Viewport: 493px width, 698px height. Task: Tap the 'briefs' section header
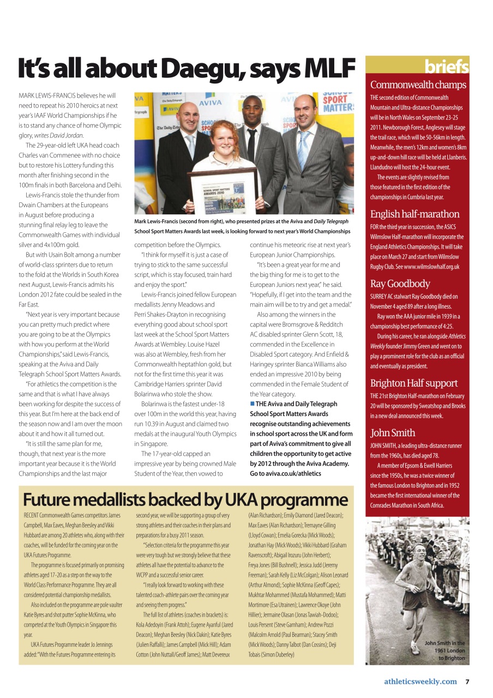pos(447,67)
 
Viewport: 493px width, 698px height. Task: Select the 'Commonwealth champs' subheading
pos(418,85)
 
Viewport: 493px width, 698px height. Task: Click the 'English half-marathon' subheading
pos(414,214)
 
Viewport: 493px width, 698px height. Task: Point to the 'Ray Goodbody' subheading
pos(400,284)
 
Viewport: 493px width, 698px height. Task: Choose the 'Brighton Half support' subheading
pos(413,383)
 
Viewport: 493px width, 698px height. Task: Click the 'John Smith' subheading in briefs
pos(392,432)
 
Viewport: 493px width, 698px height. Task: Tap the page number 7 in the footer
pos(467,681)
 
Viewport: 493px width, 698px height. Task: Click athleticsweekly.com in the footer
pos(420,681)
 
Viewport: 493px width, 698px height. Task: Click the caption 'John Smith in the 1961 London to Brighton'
pos(444,651)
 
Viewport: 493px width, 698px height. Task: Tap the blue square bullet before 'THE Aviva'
pos(252,404)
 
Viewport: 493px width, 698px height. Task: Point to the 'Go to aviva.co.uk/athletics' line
pos(285,473)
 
